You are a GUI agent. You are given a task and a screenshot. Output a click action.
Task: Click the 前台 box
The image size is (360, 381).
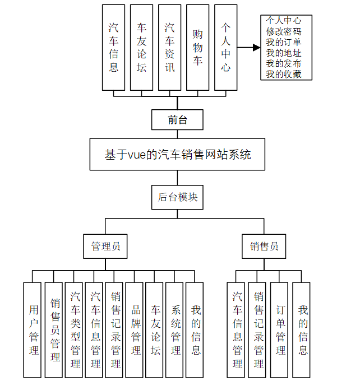pos(177,119)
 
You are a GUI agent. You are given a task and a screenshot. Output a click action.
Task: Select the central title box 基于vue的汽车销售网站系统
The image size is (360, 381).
pos(177,155)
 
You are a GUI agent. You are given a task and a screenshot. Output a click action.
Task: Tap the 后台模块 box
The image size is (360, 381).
pos(177,197)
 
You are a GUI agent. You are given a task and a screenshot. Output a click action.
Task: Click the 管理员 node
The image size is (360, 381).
pos(105,247)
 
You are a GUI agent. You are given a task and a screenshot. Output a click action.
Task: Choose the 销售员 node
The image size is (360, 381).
pos(264,247)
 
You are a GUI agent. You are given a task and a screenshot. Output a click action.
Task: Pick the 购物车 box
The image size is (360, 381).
pos(197,47)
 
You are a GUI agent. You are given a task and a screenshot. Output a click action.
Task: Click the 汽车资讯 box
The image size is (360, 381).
pos(169,47)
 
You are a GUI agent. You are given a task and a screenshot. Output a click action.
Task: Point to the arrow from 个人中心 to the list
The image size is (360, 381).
pos(248,48)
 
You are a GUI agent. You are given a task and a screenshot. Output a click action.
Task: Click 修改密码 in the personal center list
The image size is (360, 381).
pos(284,32)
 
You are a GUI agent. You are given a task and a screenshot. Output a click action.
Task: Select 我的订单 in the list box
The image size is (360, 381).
pos(284,43)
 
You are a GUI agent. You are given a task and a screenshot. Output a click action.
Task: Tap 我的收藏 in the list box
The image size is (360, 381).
pos(284,74)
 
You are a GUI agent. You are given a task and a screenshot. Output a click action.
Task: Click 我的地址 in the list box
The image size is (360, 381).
pos(284,53)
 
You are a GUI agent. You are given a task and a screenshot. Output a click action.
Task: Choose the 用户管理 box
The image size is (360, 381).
pos(34,329)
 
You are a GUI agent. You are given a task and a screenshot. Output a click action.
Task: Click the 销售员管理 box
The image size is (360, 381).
pos(55,329)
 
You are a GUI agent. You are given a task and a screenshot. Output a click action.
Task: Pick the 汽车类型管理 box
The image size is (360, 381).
pos(75,329)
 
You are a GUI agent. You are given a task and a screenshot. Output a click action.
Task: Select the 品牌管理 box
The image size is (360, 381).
pos(136,329)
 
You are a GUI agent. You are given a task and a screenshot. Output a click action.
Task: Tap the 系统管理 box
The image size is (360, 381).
pos(176,329)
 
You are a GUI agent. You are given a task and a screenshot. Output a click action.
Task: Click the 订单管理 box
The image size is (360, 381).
pos(280,329)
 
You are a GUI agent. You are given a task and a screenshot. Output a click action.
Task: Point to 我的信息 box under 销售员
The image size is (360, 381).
pos(303,329)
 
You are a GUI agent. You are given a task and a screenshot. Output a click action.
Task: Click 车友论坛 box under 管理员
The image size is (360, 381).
pos(156,329)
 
